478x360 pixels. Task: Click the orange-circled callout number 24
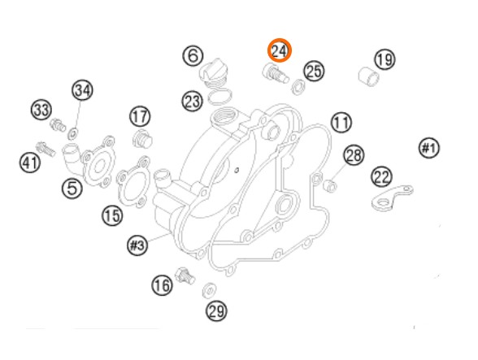[280, 50]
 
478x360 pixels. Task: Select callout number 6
[193, 55]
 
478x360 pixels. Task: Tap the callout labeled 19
[385, 59]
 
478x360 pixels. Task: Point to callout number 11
[341, 122]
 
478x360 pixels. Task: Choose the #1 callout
[429, 148]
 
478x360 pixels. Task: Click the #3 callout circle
[137, 245]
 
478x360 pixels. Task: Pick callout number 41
[30, 163]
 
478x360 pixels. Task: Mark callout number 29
[216, 311]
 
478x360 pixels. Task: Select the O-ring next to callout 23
[219, 97]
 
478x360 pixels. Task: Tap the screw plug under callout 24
[275, 73]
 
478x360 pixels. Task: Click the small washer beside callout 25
[298, 87]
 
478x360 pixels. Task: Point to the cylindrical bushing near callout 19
[368, 76]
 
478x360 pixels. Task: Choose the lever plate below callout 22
[392, 197]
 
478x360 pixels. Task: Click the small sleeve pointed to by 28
[330, 185]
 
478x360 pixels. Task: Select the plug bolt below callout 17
[142, 139]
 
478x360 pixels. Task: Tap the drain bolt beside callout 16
[185, 275]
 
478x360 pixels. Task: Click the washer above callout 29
[209, 289]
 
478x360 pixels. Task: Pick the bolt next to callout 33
[58, 124]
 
